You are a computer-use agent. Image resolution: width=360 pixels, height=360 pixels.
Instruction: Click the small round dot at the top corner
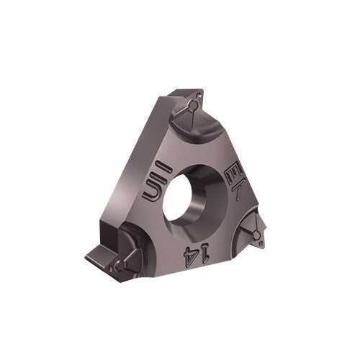pos(193,107)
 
